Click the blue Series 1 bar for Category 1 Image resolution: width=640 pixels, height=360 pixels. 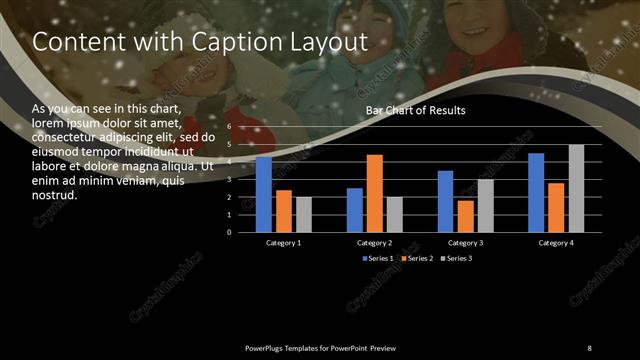click(264, 194)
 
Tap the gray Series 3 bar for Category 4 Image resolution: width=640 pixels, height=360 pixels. click(576, 188)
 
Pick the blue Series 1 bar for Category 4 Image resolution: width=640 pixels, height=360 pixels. click(536, 192)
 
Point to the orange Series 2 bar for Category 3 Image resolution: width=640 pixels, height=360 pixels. click(466, 216)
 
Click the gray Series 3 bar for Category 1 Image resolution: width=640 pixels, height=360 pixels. click(304, 214)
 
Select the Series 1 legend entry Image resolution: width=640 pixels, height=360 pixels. click(378, 259)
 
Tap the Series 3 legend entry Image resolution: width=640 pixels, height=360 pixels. click(456, 259)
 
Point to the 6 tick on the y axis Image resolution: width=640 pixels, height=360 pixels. click(229, 127)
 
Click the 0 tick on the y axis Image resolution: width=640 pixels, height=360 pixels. click(229, 232)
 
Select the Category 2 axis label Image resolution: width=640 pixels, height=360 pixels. click(374, 243)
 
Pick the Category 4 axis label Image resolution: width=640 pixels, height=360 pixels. click(556, 243)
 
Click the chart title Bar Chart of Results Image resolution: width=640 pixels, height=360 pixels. click(415, 110)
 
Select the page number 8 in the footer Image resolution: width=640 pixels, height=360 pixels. click(589, 347)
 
